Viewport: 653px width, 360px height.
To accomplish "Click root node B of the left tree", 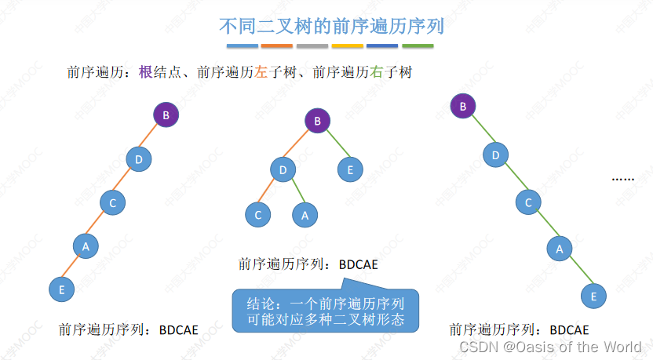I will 166,115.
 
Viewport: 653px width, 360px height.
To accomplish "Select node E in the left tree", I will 60,289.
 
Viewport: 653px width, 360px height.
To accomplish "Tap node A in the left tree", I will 86,245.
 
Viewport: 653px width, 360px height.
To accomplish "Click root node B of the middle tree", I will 317,121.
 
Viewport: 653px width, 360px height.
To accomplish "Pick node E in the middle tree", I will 350,168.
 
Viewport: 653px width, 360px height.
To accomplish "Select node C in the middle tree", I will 257,213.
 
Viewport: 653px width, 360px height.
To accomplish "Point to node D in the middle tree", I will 283,168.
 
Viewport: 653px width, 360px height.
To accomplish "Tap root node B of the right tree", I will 463,106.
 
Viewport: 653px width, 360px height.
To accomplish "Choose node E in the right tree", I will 593,296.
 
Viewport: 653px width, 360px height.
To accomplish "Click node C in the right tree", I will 528,202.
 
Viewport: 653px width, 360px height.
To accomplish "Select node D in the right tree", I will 495,155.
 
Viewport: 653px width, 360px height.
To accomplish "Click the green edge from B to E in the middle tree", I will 334,145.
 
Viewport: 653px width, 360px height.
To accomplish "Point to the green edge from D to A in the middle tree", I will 294,191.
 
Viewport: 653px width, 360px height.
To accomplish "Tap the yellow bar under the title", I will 348,46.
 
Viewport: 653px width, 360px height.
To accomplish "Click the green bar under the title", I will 418,46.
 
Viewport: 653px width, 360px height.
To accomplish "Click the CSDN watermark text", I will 550,347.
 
